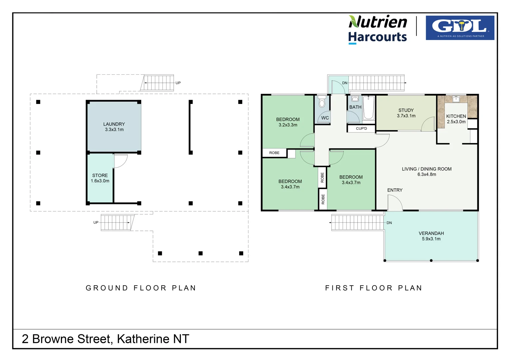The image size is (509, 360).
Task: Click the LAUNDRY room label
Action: (114, 124)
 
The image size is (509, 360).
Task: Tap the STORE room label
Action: (100, 175)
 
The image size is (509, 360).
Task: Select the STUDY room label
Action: (406, 110)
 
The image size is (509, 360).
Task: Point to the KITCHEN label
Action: (456, 116)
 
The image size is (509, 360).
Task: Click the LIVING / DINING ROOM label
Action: (427, 169)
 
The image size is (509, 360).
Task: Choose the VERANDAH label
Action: (431, 233)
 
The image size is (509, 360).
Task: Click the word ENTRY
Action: (395, 190)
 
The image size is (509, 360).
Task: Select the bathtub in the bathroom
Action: (368, 107)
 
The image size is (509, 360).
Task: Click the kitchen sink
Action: (456, 99)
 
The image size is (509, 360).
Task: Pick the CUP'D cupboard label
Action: (361, 128)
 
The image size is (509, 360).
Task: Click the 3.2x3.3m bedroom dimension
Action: (288, 125)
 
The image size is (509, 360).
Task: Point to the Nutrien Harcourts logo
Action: (378, 29)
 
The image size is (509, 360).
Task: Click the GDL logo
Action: (460, 28)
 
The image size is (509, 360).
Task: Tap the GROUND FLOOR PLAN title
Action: (141, 288)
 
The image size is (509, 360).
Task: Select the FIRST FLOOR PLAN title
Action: (373, 288)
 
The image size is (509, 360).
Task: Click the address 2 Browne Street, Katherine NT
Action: (105, 339)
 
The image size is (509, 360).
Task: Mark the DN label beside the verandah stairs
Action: (389, 223)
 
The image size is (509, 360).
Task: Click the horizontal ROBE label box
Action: (274, 153)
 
